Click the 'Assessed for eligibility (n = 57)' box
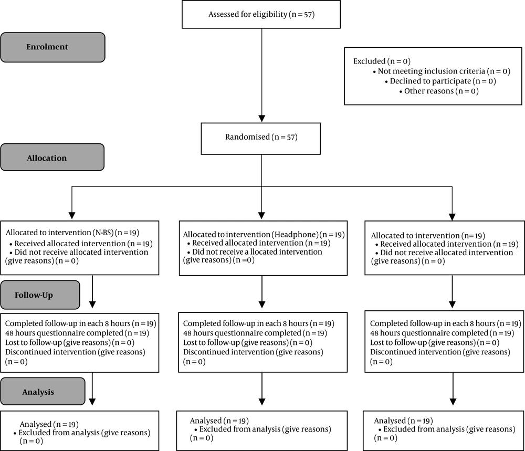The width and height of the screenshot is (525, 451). (x=261, y=14)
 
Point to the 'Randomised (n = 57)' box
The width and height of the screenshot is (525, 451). (x=261, y=139)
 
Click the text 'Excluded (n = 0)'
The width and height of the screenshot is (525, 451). (x=382, y=61)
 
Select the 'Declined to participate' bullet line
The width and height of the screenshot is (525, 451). (x=440, y=81)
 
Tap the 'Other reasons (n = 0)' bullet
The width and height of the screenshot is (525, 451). (x=439, y=91)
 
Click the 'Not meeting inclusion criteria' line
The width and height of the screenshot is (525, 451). (x=442, y=71)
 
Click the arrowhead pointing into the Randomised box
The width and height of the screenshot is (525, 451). (x=262, y=119)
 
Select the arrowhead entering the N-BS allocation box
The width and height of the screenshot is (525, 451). (x=71, y=216)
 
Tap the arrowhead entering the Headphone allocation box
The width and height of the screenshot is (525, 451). (x=262, y=216)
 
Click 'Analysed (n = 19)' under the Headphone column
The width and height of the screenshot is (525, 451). (x=219, y=421)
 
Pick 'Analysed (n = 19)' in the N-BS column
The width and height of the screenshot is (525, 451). (x=49, y=424)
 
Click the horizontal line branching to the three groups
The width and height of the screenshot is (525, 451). (x=262, y=186)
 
